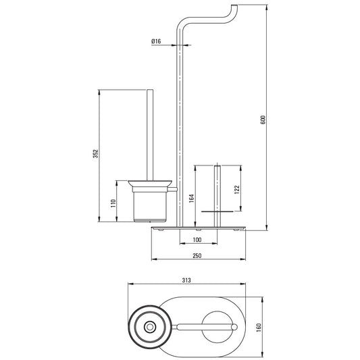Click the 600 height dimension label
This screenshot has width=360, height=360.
pyautogui.click(x=263, y=120)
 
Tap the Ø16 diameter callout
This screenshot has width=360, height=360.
pyautogui.click(x=156, y=41)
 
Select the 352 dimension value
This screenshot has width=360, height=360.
pyautogui.click(x=95, y=153)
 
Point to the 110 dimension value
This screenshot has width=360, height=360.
pyautogui.click(x=113, y=203)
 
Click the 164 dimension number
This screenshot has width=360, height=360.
pyautogui.click(x=191, y=199)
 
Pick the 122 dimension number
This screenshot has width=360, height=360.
pyautogui.click(x=236, y=190)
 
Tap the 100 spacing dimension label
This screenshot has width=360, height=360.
pyautogui.click(x=197, y=240)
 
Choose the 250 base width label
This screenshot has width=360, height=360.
pyautogui.click(x=197, y=255)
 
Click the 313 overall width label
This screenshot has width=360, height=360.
pyautogui.click(x=186, y=280)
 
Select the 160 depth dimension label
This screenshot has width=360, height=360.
pyautogui.click(x=259, y=328)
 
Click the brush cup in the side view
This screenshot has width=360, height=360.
pyautogui.click(x=149, y=204)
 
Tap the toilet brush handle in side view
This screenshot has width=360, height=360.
pyautogui.click(x=150, y=135)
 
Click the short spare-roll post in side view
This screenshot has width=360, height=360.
pyautogui.click(x=217, y=196)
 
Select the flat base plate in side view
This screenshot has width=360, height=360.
pyautogui.click(x=199, y=228)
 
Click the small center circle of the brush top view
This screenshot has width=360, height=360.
pyautogui.click(x=150, y=327)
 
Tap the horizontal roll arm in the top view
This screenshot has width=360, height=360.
pyautogui.click(x=207, y=327)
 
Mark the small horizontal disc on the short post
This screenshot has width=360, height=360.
pyautogui.click(x=217, y=211)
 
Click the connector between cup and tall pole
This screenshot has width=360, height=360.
pyautogui.click(x=173, y=189)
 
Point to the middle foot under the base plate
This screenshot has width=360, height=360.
pyautogui.click(x=199, y=230)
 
